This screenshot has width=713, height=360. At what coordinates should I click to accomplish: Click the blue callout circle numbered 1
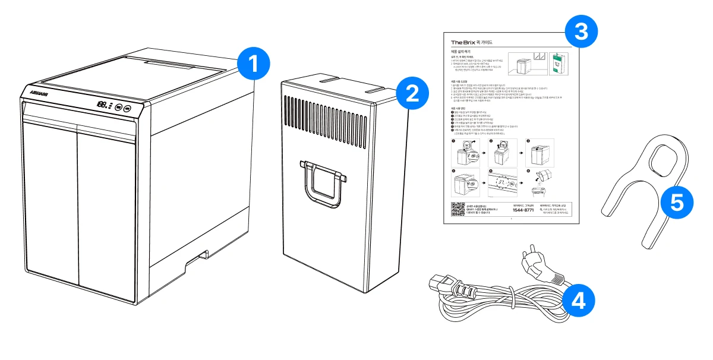[x=253, y=65]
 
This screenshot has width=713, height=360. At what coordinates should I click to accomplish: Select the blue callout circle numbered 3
[x=581, y=31]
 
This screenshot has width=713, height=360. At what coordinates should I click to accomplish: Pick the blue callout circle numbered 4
[x=577, y=300]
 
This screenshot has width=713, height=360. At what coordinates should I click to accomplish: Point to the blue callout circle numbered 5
[x=676, y=202]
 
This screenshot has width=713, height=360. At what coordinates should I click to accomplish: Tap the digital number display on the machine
[x=102, y=105]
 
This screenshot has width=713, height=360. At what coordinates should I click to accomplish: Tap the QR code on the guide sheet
[x=458, y=210]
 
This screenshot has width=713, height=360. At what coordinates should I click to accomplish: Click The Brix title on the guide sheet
[x=465, y=42]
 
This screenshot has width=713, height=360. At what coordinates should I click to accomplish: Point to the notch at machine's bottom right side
[x=201, y=257]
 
